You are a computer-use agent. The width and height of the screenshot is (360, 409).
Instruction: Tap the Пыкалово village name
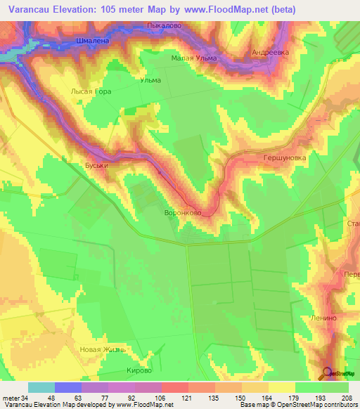point(163,25)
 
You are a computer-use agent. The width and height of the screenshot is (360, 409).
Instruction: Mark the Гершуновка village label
point(284,158)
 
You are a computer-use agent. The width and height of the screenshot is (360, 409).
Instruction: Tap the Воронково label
point(182,212)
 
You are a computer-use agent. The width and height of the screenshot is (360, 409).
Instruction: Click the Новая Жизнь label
point(103,350)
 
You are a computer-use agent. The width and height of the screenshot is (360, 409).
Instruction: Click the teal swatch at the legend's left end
point(41,387)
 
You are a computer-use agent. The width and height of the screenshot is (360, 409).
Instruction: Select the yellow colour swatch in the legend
point(281,387)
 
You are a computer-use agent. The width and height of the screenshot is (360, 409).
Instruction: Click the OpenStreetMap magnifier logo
point(328,372)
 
